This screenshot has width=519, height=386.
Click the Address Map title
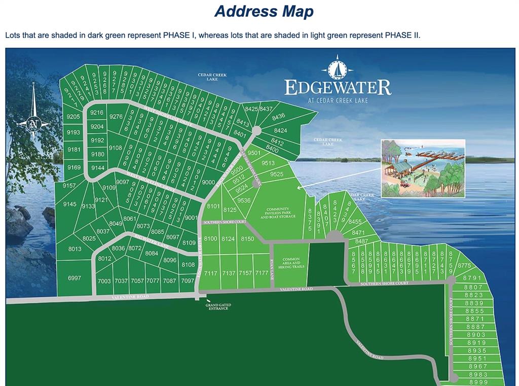point(264,11)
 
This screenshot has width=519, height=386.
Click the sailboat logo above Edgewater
point(336,67)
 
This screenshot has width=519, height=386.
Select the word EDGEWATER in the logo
point(338,87)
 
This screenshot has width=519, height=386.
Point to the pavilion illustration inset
point(423,167)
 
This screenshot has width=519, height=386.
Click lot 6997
point(75,278)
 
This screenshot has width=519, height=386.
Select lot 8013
point(75,249)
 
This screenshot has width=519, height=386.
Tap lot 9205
point(73,117)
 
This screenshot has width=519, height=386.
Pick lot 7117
point(211,273)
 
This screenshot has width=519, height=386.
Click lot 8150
point(247,239)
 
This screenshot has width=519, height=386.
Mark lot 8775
point(464,265)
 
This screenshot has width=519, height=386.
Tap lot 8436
point(278,117)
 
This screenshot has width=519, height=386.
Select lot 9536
point(244,200)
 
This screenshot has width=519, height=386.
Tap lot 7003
point(104,281)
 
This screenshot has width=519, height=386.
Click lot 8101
point(213,206)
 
